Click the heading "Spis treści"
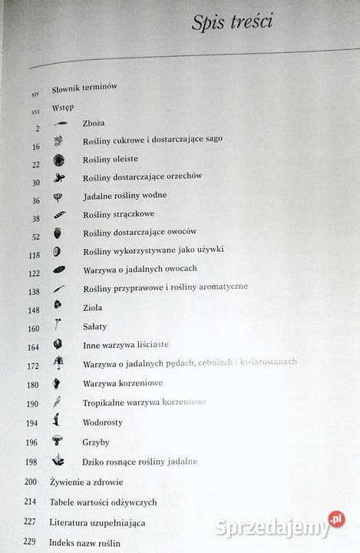click(232, 22)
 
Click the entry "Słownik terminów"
click(84, 88)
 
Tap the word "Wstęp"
click(63, 106)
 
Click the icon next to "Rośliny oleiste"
click(58, 160)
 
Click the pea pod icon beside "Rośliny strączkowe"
click(59, 215)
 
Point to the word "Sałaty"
click(94, 327)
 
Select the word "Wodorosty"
click(102, 422)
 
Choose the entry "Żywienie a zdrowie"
click(85, 482)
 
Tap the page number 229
click(31, 542)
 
